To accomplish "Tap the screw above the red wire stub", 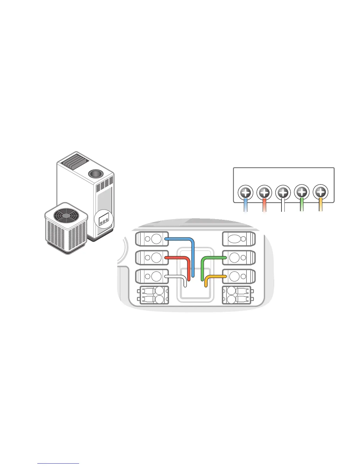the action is point(264,193).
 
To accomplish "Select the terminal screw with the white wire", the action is point(283,193).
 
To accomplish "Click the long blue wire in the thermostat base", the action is point(193,256).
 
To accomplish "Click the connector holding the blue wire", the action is point(152,239).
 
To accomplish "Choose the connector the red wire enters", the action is point(152,258).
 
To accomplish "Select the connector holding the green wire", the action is point(238,258).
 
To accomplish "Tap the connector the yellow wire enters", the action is point(238,277).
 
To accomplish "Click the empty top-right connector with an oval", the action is point(238,239).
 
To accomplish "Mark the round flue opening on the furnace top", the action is point(94,174).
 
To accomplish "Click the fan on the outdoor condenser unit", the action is point(66,215).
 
